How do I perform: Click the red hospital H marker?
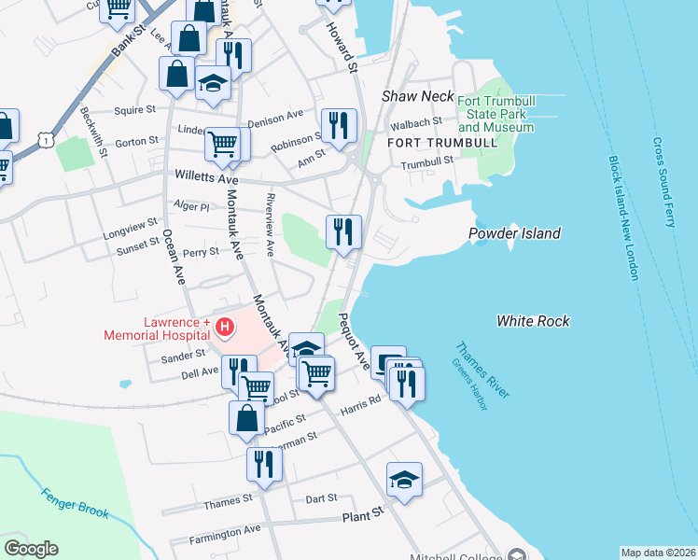click(225, 328)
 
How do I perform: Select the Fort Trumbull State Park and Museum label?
click(496, 114)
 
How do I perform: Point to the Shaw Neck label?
click(418, 96)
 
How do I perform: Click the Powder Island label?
click(514, 233)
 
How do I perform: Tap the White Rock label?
click(533, 321)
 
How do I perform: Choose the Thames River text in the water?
click(482, 371)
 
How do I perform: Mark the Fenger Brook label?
click(75, 504)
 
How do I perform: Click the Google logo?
click(31, 549)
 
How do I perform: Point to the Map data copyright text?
click(658, 553)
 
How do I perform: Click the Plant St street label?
click(363, 514)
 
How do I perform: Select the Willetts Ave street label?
click(206, 177)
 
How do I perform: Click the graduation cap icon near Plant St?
click(404, 479)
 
